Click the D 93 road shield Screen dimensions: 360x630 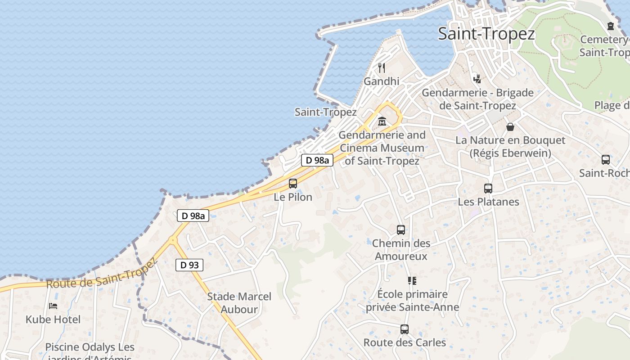189,265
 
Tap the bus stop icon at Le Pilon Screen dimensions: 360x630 293,183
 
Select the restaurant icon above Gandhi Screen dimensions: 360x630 382,68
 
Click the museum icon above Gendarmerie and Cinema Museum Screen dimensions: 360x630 382,121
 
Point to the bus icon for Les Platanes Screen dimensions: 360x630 488,189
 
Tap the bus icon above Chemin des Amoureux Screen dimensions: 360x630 401,230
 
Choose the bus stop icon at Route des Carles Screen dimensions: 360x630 405,329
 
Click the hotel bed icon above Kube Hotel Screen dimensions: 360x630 53,306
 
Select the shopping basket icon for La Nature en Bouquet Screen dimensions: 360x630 510,127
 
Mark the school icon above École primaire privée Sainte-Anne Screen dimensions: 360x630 412,281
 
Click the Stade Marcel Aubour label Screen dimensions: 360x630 239,303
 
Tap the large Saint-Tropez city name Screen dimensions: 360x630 486,34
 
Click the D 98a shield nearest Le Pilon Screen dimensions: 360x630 317,160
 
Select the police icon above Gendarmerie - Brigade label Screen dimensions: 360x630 477,79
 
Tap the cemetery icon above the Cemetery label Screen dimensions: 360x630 611,26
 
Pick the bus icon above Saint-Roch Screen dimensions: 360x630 606,159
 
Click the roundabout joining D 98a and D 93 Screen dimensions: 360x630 173,240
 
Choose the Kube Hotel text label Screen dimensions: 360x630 53,319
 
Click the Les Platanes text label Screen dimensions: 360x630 488,202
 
